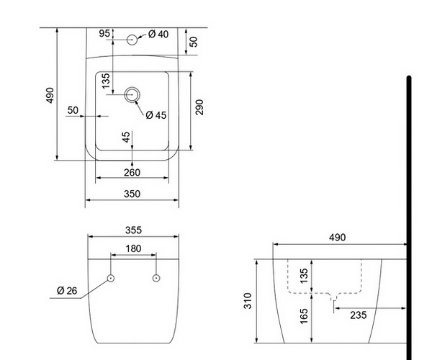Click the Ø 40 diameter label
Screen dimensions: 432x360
coord(158,34)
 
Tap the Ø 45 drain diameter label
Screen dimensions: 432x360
coord(156,115)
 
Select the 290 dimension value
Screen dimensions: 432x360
coord(199,107)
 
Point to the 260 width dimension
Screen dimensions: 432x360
coord(132,172)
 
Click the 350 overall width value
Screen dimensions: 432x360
coord(132,194)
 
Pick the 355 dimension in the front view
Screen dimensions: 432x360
coord(133,230)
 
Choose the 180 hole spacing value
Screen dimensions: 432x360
coord(133,248)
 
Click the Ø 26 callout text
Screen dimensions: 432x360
coord(67,291)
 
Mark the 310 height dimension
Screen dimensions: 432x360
coord(248,301)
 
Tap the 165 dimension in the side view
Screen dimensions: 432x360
coord(303,317)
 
